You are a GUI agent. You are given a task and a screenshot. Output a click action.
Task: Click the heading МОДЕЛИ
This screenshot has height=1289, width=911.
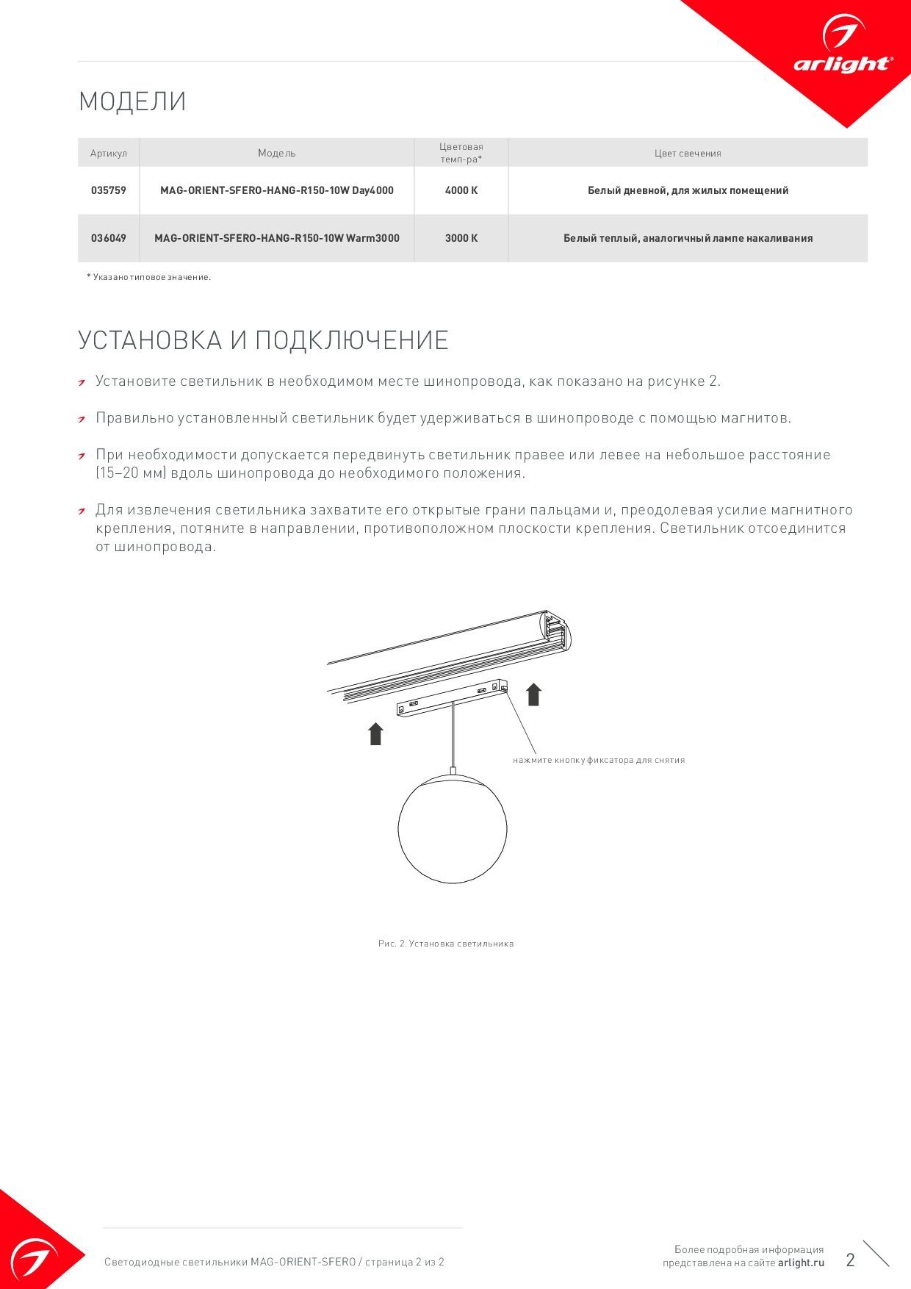pyautogui.click(x=132, y=101)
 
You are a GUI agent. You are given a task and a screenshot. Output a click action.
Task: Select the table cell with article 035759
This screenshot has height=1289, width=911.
pyautogui.click(x=109, y=190)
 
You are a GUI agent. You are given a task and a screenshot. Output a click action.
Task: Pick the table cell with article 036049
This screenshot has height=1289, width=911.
pyautogui.click(x=109, y=238)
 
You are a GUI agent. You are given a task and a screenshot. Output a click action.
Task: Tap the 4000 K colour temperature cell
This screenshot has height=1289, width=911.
pyautogui.click(x=461, y=190)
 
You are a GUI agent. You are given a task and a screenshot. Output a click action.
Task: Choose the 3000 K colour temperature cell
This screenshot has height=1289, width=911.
pyautogui.click(x=461, y=238)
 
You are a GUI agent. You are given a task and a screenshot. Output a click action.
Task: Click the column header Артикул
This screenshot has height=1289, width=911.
pyautogui.click(x=109, y=154)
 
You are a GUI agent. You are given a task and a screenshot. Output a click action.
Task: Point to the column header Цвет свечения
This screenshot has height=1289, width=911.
pyautogui.click(x=688, y=154)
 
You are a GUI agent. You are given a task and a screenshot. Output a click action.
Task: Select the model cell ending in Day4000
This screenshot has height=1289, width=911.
pyautogui.click(x=277, y=190)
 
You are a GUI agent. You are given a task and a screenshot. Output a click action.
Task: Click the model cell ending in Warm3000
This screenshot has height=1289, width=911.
pyautogui.click(x=277, y=238)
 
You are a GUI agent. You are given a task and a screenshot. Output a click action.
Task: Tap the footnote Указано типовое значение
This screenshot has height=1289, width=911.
pyautogui.click(x=149, y=277)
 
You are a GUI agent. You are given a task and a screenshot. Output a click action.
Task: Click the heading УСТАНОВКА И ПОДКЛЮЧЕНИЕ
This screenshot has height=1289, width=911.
pyautogui.click(x=263, y=340)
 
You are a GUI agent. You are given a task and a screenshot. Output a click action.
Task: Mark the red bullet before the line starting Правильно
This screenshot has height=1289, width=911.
pyautogui.click(x=82, y=419)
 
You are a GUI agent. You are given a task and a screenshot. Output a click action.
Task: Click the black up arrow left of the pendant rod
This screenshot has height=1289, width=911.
pyautogui.click(x=376, y=733)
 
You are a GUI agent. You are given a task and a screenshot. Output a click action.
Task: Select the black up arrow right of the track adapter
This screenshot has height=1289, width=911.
pyautogui.click(x=534, y=694)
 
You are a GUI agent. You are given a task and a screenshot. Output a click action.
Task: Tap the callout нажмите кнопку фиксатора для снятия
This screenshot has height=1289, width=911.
pyautogui.click(x=599, y=760)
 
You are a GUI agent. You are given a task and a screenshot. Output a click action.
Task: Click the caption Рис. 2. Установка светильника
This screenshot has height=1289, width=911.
pyautogui.click(x=446, y=944)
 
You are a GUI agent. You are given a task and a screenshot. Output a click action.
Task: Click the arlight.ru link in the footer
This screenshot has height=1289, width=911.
pyautogui.click(x=802, y=1263)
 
